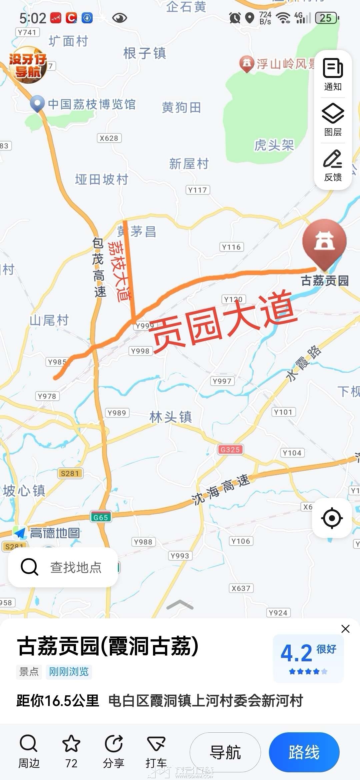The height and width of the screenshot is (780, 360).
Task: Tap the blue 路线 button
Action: coord(304,752)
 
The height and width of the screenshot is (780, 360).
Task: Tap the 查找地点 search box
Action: coord(63,567)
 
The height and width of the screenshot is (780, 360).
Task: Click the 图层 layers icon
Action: coord(333,114)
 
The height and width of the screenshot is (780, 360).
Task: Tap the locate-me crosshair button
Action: coord(332,518)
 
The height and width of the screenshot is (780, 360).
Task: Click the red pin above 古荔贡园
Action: coord(324,242)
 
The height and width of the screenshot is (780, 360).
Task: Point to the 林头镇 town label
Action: coord(171,417)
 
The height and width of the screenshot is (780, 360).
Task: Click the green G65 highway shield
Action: coord(101,517)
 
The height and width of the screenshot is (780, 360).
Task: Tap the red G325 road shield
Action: coord(230,450)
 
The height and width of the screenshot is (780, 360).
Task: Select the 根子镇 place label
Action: coord(145,53)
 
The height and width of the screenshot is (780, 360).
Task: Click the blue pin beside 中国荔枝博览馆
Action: coord(37,104)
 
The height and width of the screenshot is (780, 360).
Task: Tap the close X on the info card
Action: coord(345,629)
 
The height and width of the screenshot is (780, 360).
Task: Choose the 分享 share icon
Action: coord(114,744)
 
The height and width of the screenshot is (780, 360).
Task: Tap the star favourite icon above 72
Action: coord(71,744)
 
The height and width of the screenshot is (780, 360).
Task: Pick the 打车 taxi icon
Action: coord(156,744)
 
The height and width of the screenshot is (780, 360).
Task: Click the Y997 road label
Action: coord(222,381)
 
